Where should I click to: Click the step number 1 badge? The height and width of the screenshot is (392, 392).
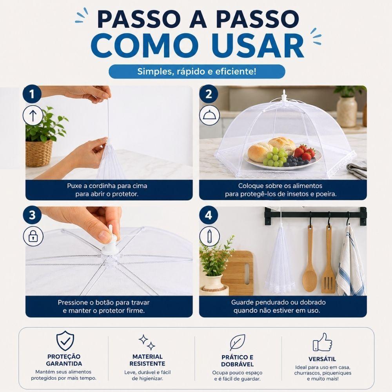(x=32, y=94)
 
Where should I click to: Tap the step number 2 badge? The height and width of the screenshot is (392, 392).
(x=209, y=94)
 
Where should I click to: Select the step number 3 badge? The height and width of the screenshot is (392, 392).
(x=32, y=215)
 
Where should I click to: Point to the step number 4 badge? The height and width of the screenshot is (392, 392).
(x=209, y=215)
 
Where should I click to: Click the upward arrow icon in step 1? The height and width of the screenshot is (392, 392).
(x=33, y=116)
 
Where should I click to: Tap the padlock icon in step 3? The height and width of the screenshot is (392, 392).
(x=33, y=236)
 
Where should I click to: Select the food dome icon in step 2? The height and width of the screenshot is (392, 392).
(x=209, y=115)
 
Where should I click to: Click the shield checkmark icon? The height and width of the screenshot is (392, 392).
(x=65, y=341)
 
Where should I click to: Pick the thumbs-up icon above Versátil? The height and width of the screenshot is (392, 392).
(x=322, y=342)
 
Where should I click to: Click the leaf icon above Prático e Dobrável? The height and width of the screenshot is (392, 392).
(x=238, y=343)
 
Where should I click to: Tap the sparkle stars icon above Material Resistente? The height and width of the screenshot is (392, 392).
(x=147, y=342)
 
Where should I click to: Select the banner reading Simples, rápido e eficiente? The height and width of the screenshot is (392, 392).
(x=197, y=71)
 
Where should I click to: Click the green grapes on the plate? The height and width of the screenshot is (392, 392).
(x=275, y=157)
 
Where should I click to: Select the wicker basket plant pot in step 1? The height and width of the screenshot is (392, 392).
(x=39, y=153)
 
